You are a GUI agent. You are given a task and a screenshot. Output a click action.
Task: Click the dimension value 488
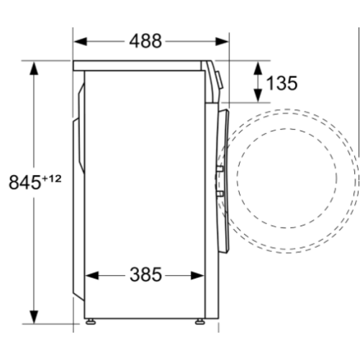pyautogui.click(x=146, y=41)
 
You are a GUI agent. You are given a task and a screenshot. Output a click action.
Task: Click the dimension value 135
pyautogui.click(x=282, y=83)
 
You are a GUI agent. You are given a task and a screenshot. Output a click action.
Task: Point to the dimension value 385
pyautogui.click(x=146, y=274)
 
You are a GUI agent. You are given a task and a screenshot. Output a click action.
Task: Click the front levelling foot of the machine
pyautogui.click(x=199, y=320)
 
